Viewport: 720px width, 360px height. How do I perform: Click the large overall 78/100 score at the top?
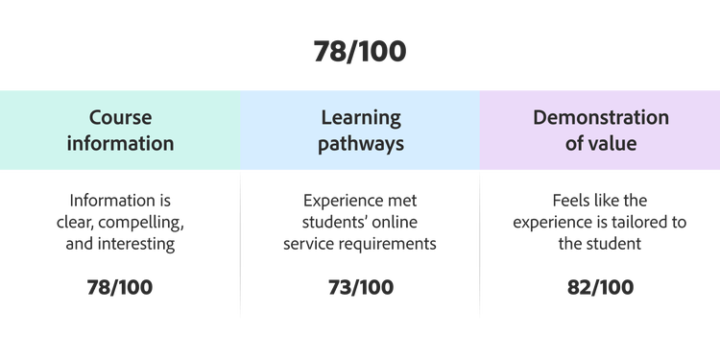[360, 51]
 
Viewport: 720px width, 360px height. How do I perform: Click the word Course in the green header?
[120, 117]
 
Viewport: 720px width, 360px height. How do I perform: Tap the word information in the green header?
[120, 143]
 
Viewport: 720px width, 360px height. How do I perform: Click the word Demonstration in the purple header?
[601, 117]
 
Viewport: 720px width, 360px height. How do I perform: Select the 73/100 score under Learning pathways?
[361, 287]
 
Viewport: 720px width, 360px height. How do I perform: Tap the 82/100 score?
[601, 287]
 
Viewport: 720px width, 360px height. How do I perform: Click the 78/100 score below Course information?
[120, 287]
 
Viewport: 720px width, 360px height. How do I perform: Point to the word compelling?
[141, 224]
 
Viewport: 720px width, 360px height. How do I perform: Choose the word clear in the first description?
[75, 223]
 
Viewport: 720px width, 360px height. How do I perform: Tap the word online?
[395, 223]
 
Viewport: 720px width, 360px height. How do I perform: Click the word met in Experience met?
[402, 202]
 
